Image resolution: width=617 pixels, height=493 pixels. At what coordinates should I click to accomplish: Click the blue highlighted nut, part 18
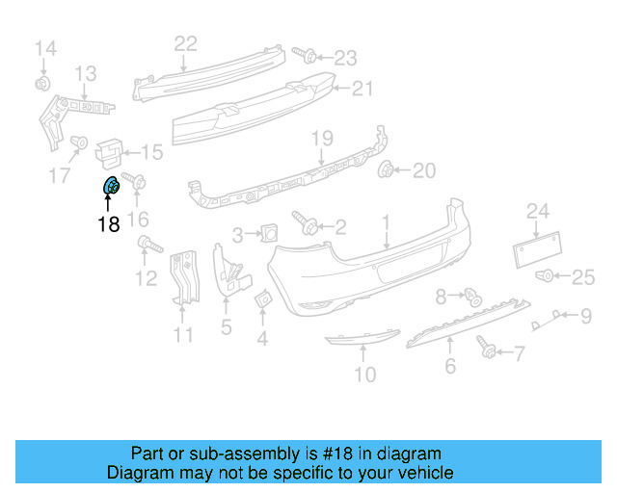click(x=110, y=186)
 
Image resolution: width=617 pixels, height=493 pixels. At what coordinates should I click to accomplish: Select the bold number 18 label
click(x=107, y=224)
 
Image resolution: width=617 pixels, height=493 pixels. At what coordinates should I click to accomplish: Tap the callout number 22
click(x=185, y=42)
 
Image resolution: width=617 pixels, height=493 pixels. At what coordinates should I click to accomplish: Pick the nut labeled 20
click(x=388, y=171)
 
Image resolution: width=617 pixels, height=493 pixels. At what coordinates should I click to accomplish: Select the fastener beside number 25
click(x=546, y=277)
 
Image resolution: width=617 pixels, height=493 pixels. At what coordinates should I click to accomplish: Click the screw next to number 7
click(x=487, y=348)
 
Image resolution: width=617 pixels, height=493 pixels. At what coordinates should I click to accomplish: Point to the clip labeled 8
click(x=471, y=296)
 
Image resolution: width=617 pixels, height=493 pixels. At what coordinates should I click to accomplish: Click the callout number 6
click(x=449, y=366)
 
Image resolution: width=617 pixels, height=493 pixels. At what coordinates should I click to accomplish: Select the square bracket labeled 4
click(x=263, y=301)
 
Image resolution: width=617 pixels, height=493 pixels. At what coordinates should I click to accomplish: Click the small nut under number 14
click(x=42, y=84)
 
